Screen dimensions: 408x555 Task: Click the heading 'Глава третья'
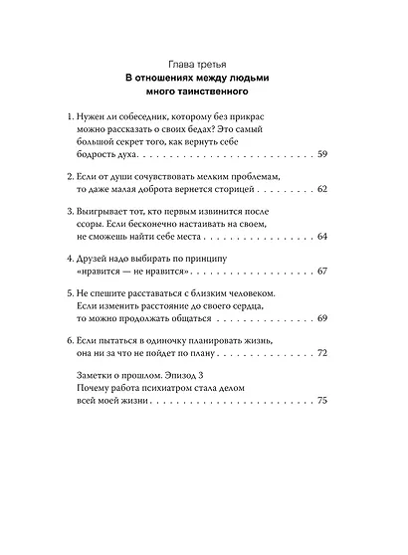(x=204, y=65)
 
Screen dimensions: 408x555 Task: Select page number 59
(x=320, y=157)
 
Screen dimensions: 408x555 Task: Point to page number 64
(x=320, y=237)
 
